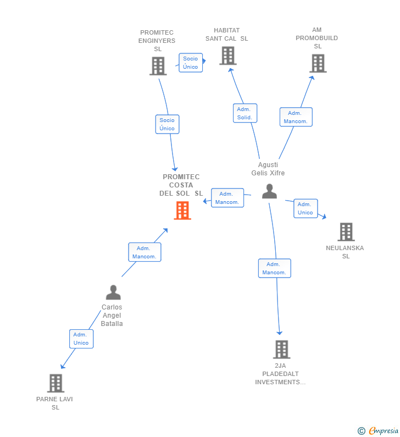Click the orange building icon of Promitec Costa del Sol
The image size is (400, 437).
(x=182, y=211)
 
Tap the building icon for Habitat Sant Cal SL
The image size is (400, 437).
(x=228, y=56)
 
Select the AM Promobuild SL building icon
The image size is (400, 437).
(x=318, y=63)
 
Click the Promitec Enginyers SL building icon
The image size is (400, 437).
(x=158, y=66)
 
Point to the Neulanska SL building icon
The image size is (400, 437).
(x=346, y=231)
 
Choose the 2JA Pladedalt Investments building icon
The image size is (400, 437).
(x=282, y=349)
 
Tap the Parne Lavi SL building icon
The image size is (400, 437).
(x=55, y=383)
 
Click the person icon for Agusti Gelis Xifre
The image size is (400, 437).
(x=269, y=191)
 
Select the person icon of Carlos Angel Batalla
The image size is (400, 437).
(x=113, y=292)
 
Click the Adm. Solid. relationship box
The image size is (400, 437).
(x=245, y=113)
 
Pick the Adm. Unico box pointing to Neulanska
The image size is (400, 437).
(x=305, y=208)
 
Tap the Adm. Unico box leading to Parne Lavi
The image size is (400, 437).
(x=81, y=339)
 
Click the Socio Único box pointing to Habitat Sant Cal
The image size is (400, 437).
(x=191, y=63)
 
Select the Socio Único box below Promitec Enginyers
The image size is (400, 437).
(x=167, y=124)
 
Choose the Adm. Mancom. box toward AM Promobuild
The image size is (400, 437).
(x=296, y=117)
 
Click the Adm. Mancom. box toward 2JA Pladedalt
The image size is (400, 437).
(x=274, y=268)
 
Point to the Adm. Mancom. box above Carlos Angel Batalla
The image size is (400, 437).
(x=145, y=252)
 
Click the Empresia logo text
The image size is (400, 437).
(x=384, y=430)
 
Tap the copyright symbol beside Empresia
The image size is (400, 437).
(x=362, y=431)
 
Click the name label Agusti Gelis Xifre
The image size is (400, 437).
(x=268, y=169)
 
